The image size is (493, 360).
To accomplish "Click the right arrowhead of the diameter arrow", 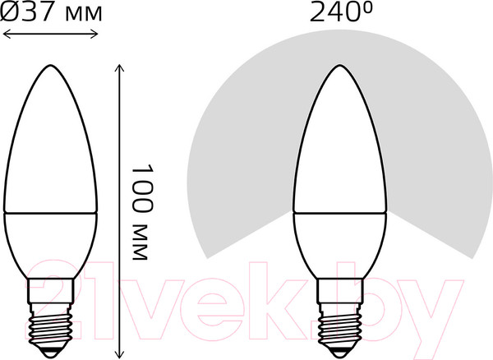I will point(96,34).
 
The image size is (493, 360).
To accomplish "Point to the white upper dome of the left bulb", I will point(52,148).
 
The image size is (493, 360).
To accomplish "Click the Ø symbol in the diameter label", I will point(11,13).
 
